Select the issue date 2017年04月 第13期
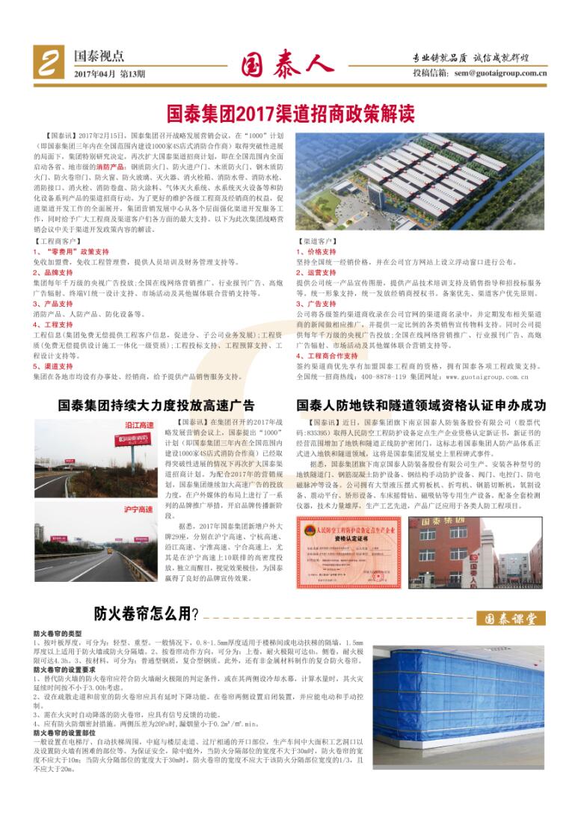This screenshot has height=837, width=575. pyautogui.click(x=109, y=74)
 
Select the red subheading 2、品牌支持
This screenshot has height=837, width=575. pyautogui.click(x=52, y=273)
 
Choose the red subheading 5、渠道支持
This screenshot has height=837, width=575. pyautogui.click(x=52, y=367)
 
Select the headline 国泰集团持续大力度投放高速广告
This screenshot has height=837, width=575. pyautogui.click(x=156, y=405)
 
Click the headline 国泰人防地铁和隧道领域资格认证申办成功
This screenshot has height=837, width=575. pyautogui.click(x=421, y=405)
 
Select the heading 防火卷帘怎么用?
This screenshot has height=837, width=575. pyautogui.click(x=146, y=614)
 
